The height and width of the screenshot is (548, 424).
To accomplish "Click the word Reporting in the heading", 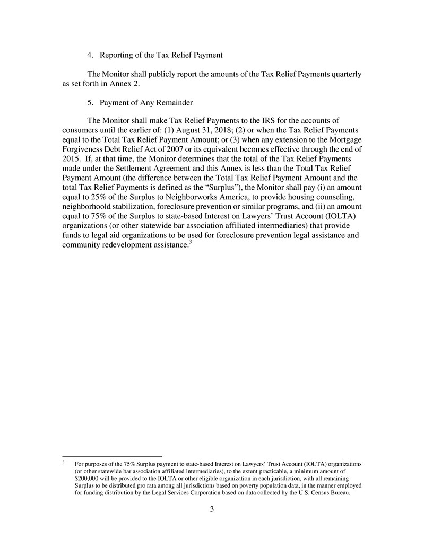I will pos(118,55).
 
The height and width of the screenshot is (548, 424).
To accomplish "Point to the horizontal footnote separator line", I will pos(112,456).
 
